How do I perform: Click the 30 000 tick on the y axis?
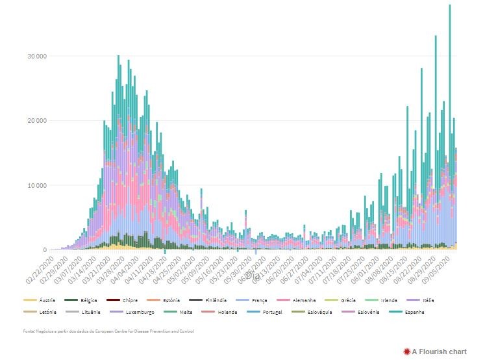(37, 56)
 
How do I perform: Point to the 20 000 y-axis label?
(37, 121)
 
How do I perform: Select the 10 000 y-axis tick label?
(37, 185)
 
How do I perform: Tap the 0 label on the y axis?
(45, 250)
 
